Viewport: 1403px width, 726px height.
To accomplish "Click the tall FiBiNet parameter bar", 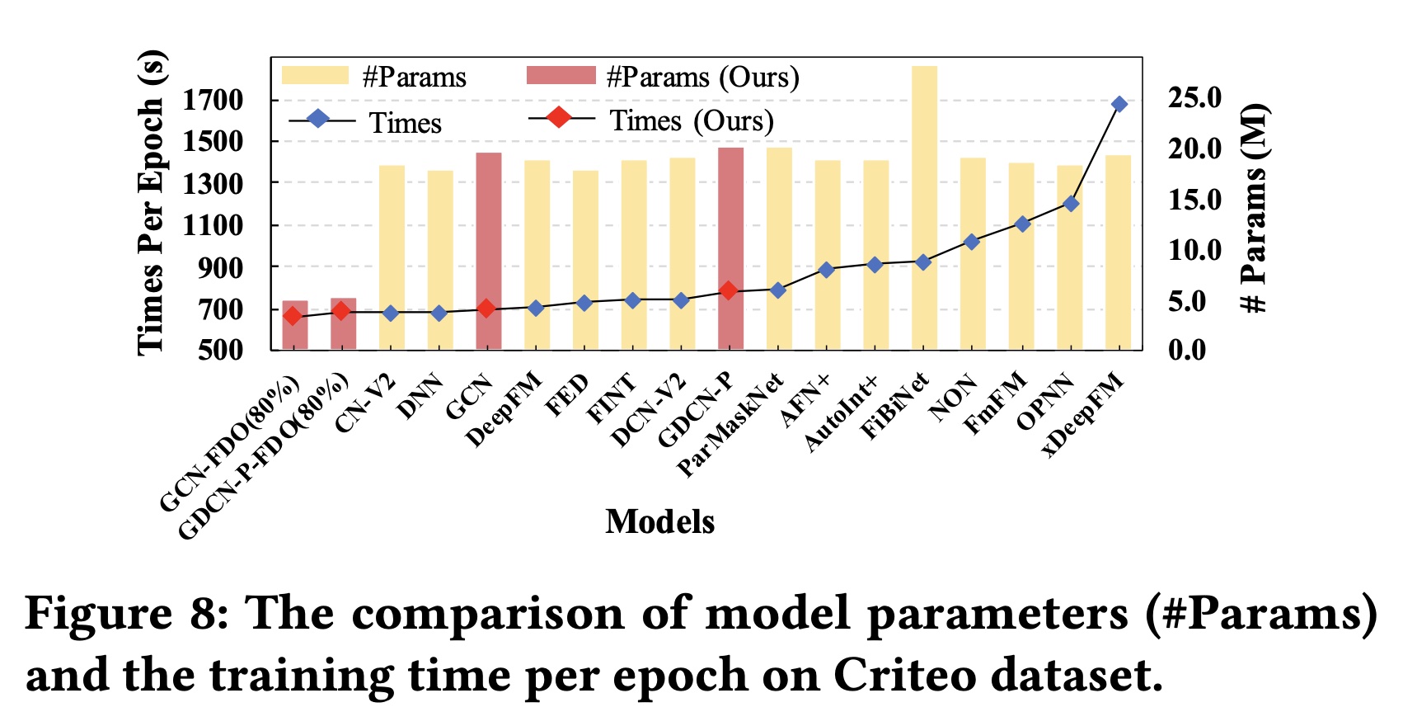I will (x=924, y=206).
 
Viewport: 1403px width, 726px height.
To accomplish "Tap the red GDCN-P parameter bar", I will (x=730, y=247).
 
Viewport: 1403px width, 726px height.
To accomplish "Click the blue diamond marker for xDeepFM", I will (x=1119, y=104).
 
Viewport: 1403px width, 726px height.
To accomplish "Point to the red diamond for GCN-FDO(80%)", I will (x=292, y=316).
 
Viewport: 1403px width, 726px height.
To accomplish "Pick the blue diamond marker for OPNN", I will (x=1071, y=203).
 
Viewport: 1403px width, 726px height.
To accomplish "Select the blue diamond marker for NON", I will (x=972, y=242).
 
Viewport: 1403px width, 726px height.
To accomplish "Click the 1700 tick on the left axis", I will (x=213, y=100).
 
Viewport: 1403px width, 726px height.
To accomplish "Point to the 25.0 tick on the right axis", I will (x=1194, y=98).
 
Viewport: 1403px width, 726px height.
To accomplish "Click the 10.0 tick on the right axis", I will (x=1194, y=250).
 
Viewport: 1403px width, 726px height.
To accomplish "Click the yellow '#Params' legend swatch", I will (x=315, y=76).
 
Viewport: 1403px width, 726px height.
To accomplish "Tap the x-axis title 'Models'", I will (x=659, y=521).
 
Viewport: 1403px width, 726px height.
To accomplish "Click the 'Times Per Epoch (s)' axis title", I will (x=151, y=203).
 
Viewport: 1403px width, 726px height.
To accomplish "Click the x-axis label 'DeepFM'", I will (x=504, y=409).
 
